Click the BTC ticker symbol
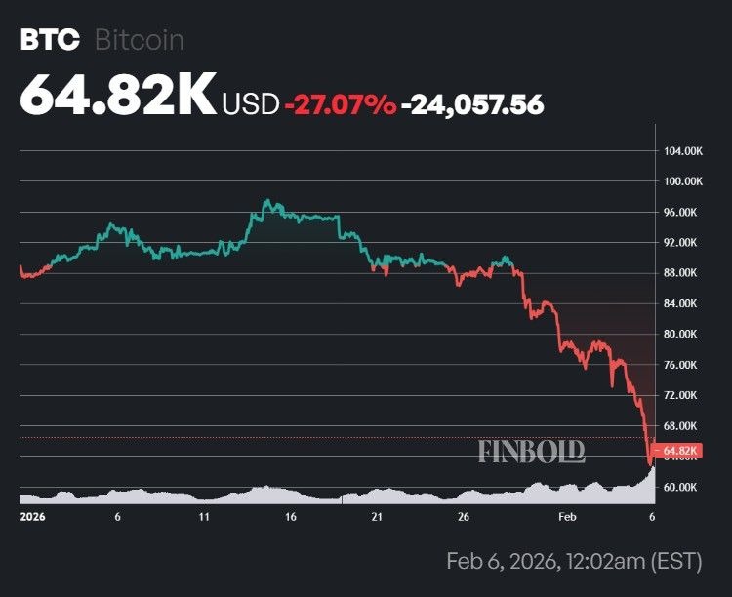(48, 40)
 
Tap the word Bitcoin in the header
(139, 40)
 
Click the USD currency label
(250, 102)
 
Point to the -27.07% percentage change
(340, 102)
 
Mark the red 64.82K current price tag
(681, 451)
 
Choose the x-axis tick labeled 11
(203, 518)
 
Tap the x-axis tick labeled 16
(291, 518)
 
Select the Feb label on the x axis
(567, 518)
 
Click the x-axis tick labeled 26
(465, 518)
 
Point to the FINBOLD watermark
(531, 451)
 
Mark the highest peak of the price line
(265, 202)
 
